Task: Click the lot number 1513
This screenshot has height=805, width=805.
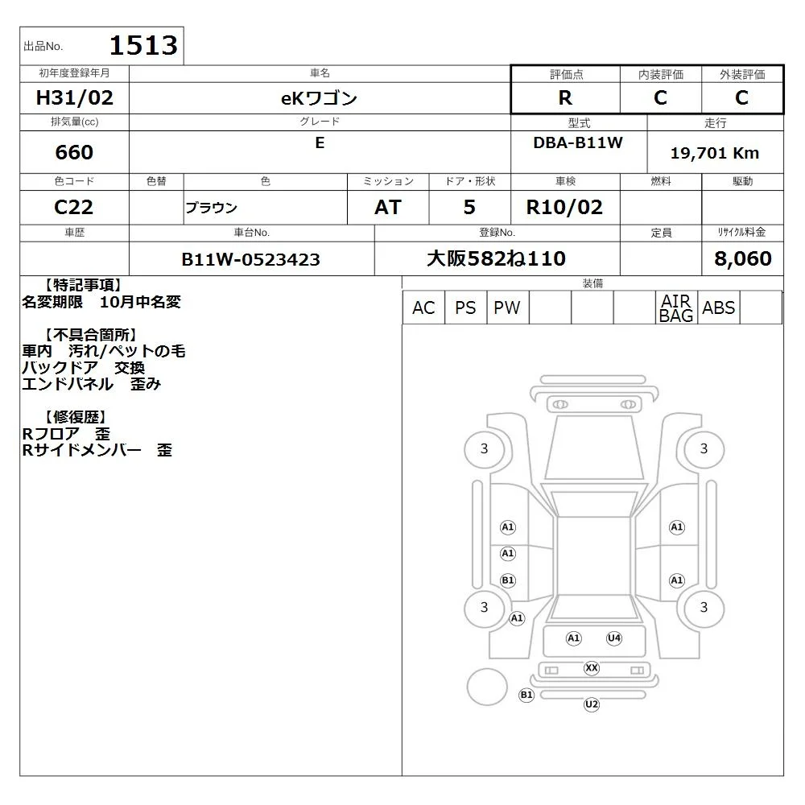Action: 144,45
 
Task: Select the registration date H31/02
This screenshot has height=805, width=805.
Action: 74,97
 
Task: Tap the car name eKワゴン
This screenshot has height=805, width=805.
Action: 319,97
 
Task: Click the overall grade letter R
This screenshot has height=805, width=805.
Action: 565,97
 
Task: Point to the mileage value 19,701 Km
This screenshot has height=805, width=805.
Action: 715,153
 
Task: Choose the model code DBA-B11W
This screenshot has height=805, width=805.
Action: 578,142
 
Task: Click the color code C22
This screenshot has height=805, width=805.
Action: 74,207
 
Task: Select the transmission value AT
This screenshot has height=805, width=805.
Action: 388,207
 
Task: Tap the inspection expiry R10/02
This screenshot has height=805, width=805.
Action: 564,207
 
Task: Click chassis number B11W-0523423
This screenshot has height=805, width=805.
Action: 250,259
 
